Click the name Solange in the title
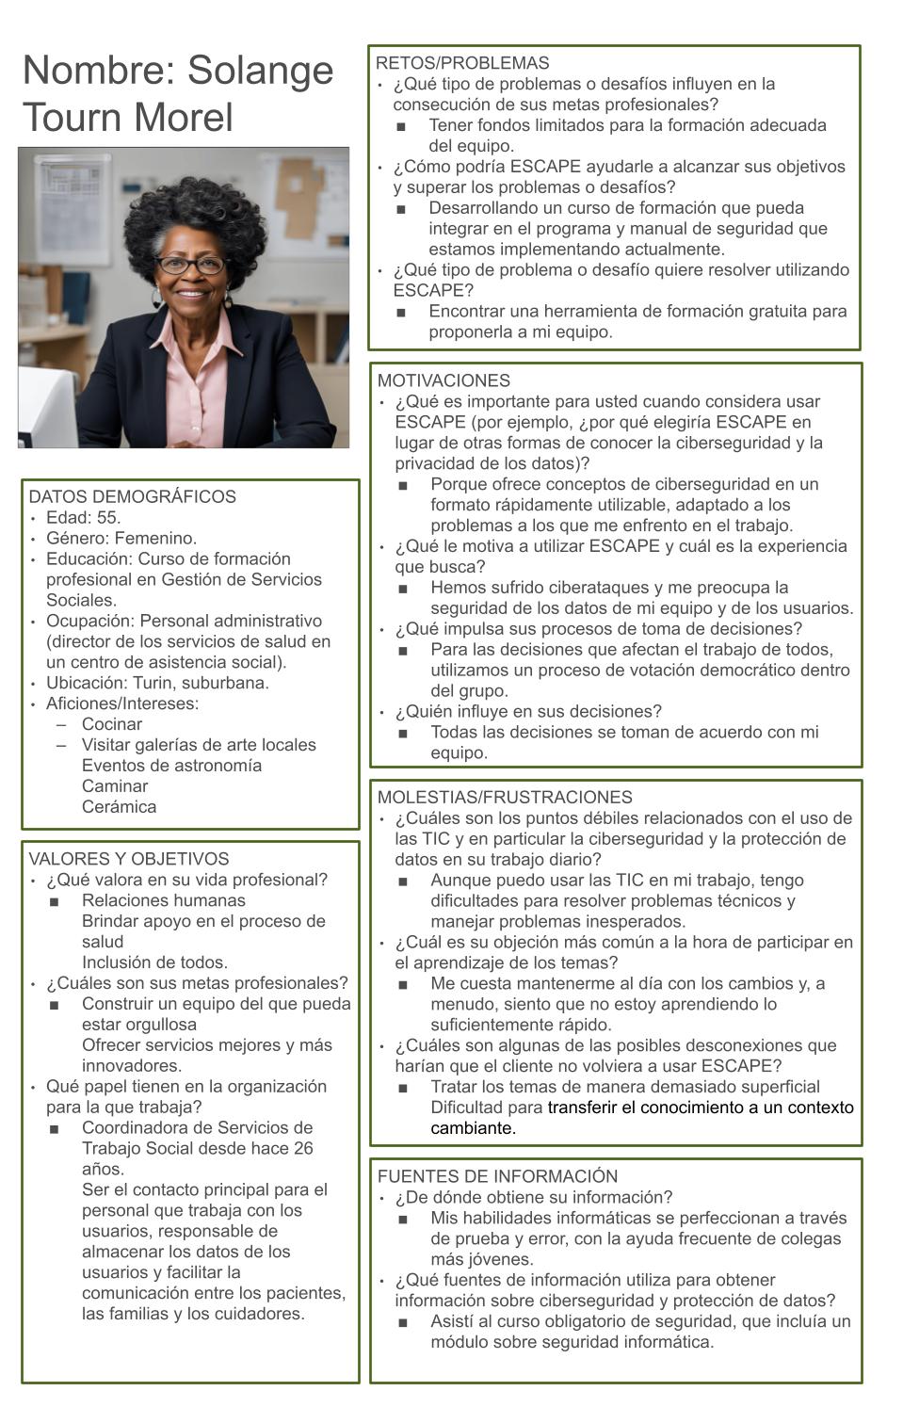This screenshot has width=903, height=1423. [261, 71]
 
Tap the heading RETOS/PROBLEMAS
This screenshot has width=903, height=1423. [462, 63]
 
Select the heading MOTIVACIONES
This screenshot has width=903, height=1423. [443, 380]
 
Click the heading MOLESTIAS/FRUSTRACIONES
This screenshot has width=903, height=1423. [505, 797]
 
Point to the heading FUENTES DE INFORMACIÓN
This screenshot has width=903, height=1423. [497, 1176]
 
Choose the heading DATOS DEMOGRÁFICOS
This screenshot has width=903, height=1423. [132, 496]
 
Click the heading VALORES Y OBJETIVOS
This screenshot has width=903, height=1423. [128, 859]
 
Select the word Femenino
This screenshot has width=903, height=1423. [155, 538]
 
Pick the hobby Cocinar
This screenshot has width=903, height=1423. [112, 724]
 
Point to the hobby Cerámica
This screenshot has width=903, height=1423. [119, 807]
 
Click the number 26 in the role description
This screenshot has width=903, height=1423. [302, 1148]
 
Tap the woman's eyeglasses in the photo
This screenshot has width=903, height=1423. [191, 266]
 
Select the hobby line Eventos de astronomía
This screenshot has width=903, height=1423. [171, 766]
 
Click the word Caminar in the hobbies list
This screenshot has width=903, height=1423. [115, 786]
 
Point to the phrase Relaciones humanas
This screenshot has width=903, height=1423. [164, 900]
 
